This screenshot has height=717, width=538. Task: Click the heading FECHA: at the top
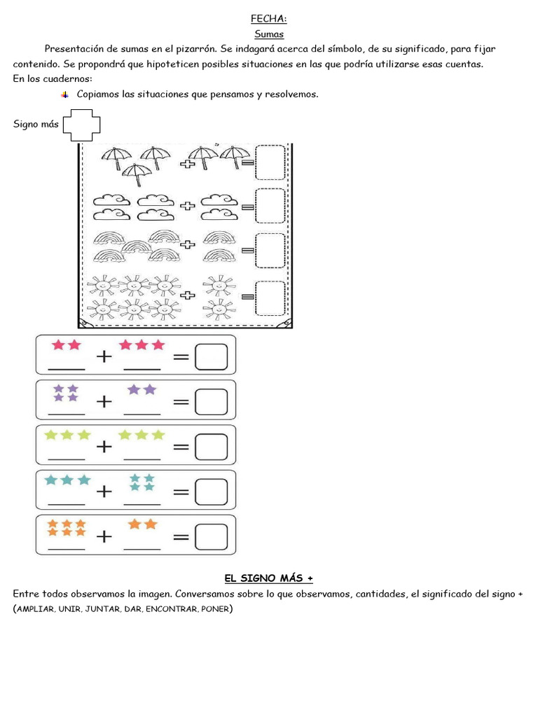click(268, 19)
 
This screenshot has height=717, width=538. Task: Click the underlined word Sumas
click(269, 34)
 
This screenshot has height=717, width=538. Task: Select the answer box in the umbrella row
click(270, 162)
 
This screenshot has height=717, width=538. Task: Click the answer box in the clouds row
click(270, 206)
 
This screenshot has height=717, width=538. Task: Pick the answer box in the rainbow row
click(270, 251)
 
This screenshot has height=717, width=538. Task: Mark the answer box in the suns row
click(270, 298)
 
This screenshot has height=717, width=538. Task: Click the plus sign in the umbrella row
click(187, 164)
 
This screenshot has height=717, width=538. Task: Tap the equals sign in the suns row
click(247, 297)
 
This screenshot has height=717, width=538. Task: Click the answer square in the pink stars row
click(211, 356)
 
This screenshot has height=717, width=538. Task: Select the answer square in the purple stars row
click(211, 402)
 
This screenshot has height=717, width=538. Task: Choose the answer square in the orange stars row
click(211, 537)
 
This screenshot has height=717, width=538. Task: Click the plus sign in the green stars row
click(104, 446)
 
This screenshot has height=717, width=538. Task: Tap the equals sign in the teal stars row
click(181, 492)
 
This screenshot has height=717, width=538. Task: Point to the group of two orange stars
click(143, 524)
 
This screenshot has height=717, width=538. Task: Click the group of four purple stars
click(66, 393)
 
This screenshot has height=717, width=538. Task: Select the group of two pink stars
click(67, 344)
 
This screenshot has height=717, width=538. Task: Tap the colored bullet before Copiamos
click(65, 95)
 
